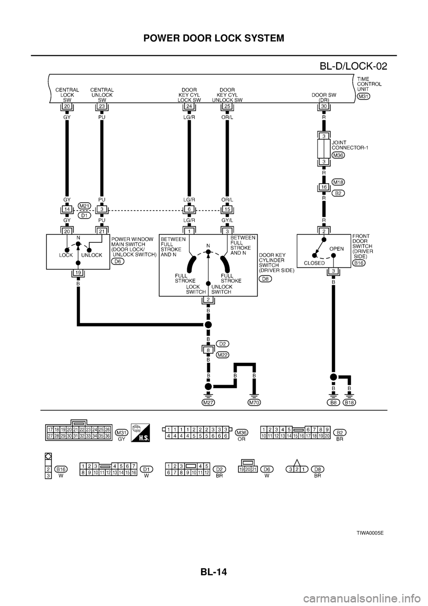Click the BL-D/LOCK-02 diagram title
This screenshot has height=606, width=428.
[x=354, y=67]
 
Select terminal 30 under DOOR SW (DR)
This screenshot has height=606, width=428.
[x=325, y=107]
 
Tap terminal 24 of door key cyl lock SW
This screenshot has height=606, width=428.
[x=189, y=107]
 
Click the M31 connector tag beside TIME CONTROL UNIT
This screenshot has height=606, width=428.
[x=364, y=96]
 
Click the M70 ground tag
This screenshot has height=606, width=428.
[x=254, y=402]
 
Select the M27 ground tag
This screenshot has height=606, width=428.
[x=208, y=402]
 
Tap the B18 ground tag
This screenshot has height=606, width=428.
[x=350, y=402]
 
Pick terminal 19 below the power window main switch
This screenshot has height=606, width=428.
[x=78, y=273]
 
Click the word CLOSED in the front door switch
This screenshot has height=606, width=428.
[x=314, y=263]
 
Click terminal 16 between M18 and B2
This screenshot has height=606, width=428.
[x=325, y=188]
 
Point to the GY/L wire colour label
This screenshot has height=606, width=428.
[x=227, y=220]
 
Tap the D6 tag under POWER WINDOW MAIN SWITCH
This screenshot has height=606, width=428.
[x=118, y=261]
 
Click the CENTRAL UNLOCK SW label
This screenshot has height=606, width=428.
[x=102, y=95]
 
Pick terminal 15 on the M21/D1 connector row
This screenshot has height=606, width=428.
[x=227, y=208]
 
